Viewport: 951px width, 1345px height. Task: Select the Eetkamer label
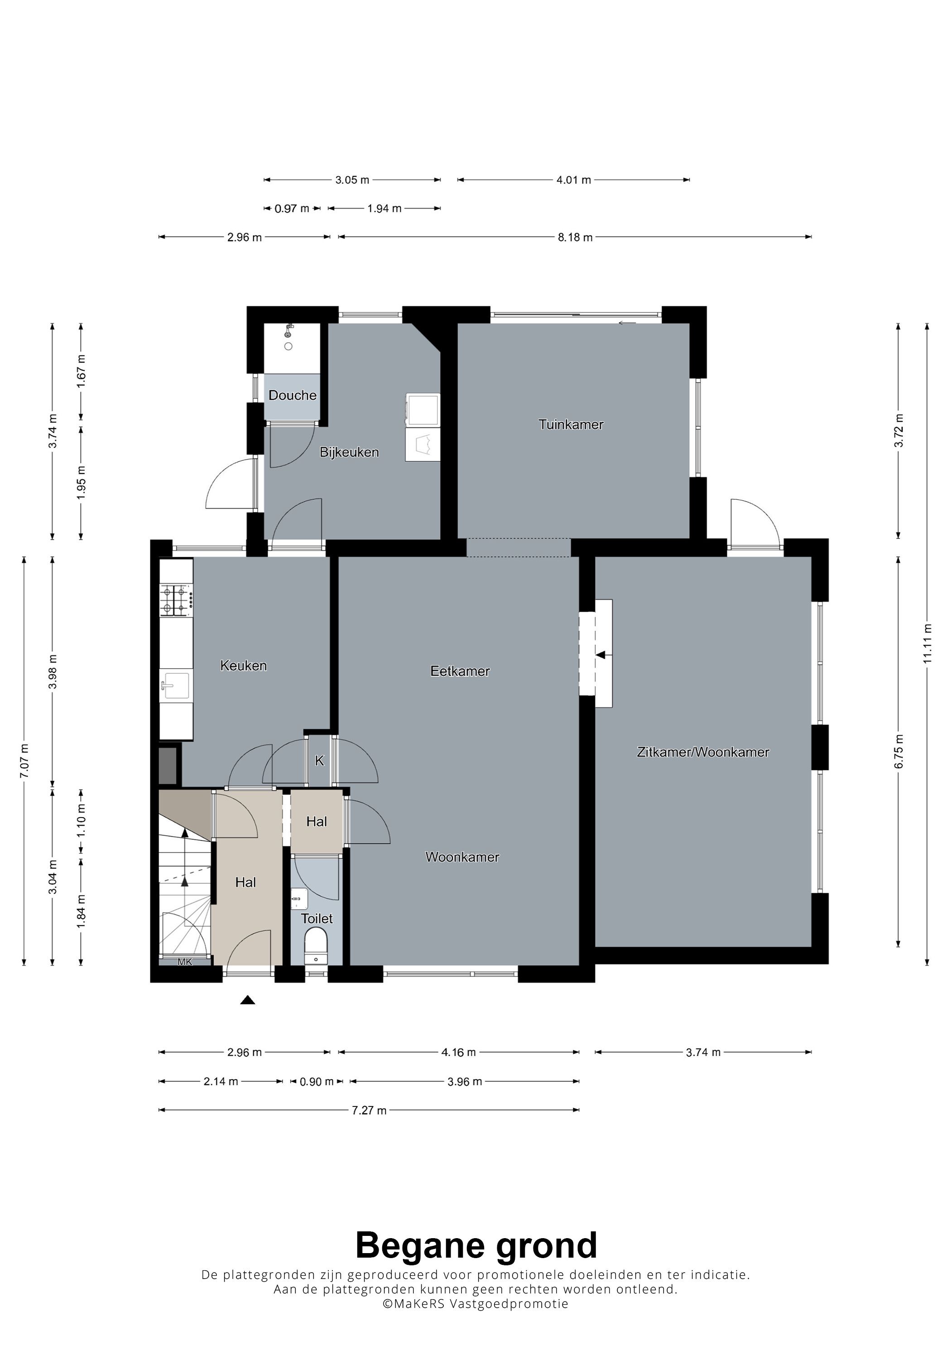[x=460, y=671]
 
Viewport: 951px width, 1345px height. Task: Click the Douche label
[x=293, y=395]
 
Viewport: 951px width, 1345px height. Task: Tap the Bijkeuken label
[x=349, y=452]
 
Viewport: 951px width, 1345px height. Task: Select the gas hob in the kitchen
[x=176, y=600]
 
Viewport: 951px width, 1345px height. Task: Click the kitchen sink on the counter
[x=176, y=685]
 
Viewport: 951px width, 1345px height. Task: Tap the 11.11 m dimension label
[x=927, y=643]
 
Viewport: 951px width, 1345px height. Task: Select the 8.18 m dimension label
[x=575, y=237]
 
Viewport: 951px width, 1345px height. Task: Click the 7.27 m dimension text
[x=369, y=1110]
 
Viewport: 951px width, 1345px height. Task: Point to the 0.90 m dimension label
[x=317, y=1082]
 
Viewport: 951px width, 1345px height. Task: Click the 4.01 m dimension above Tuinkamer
[x=574, y=180]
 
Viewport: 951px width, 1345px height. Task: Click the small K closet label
[x=319, y=761]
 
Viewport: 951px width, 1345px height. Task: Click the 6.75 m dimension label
[x=899, y=751]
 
